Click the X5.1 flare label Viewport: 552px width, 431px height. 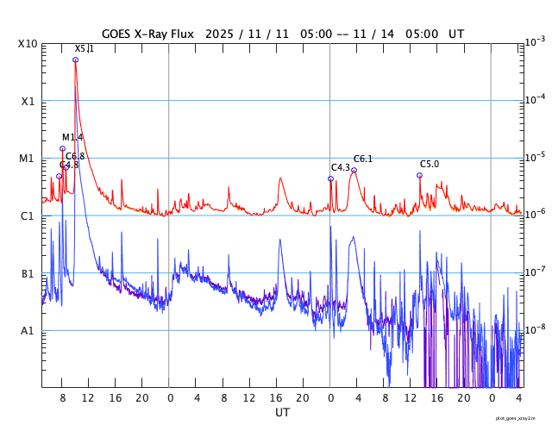point(85,49)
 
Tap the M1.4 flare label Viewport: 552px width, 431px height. point(72,138)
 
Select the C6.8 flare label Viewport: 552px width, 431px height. point(75,156)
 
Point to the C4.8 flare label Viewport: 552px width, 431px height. point(69,165)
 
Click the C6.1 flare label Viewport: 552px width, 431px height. point(363,159)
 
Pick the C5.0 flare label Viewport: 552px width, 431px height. point(430,165)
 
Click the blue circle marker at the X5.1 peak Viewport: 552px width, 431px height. point(75,59)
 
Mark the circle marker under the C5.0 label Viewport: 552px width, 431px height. point(420,175)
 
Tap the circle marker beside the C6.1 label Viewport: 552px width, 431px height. point(354,170)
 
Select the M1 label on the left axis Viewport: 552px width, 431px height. point(27,159)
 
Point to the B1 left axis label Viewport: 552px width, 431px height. point(27,274)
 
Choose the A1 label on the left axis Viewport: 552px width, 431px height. point(27,331)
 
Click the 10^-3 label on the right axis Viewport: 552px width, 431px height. point(535,42)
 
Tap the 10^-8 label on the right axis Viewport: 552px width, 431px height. point(535,329)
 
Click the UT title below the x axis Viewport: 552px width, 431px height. point(282,413)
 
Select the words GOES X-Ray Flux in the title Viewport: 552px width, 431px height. point(147,34)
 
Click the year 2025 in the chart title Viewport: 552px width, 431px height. point(221,34)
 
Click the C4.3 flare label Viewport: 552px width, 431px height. point(341,167)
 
